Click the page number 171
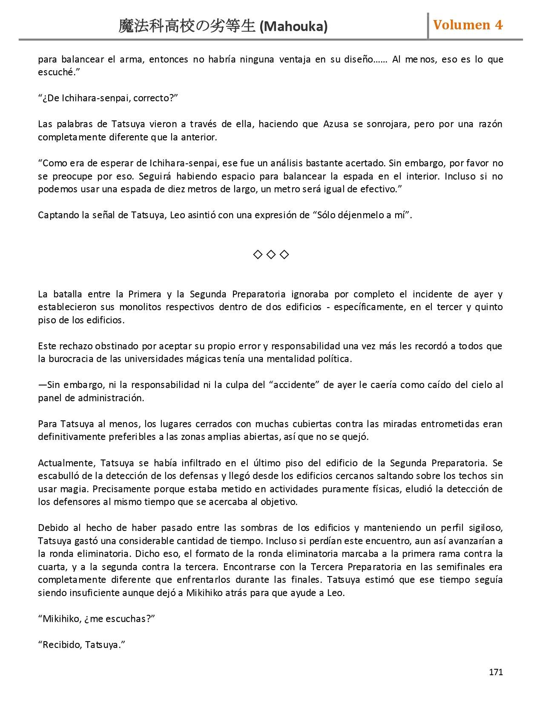click(x=496, y=672)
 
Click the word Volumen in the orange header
click(x=462, y=25)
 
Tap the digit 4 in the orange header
click(x=499, y=25)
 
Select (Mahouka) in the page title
click(x=293, y=27)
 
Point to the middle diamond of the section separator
click(x=271, y=254)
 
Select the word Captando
click(x=57, y=215)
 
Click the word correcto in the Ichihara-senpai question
click(x=153, y=98)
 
